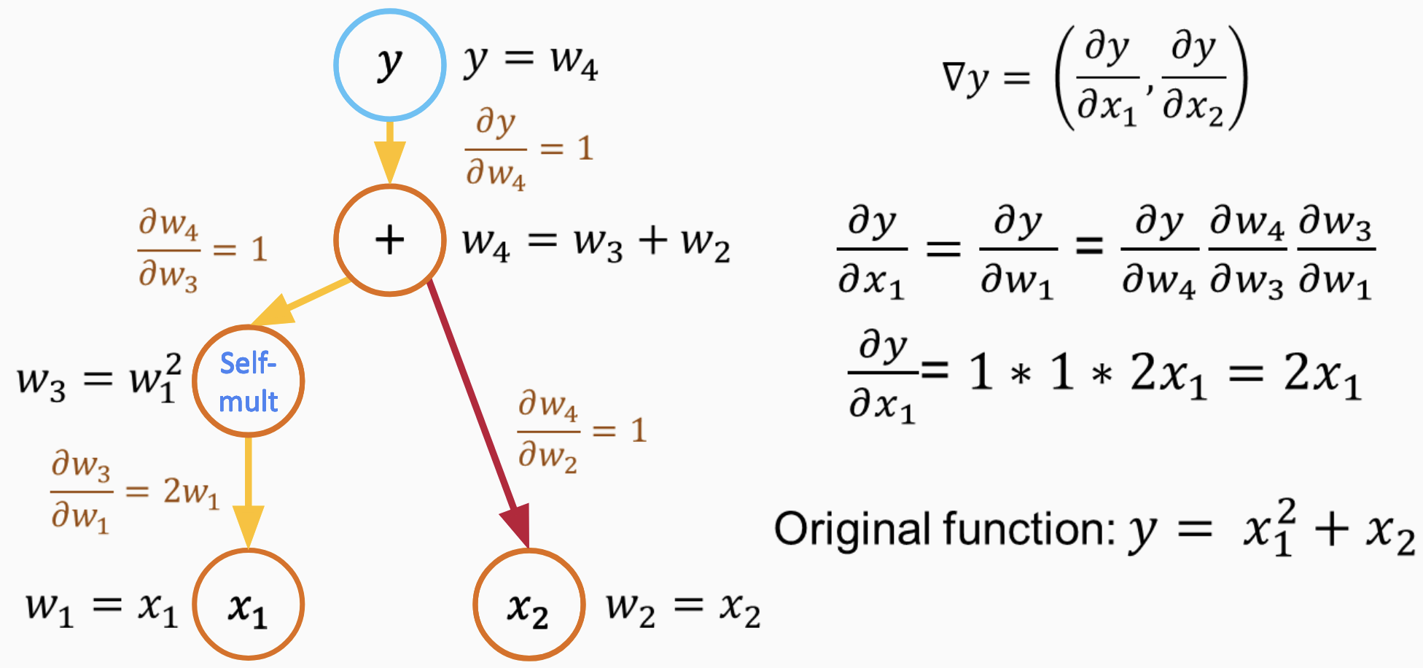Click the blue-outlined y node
(x=390, y=64)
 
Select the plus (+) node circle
(x=390, y=240)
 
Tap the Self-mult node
(x=249, y=381)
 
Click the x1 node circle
(x=249, y=605)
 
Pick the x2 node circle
(x=529, y=605)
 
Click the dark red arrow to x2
(x=477, y=412)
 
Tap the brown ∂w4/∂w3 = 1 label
(x=203, y=250)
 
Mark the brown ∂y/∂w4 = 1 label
(x=529, y=149)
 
